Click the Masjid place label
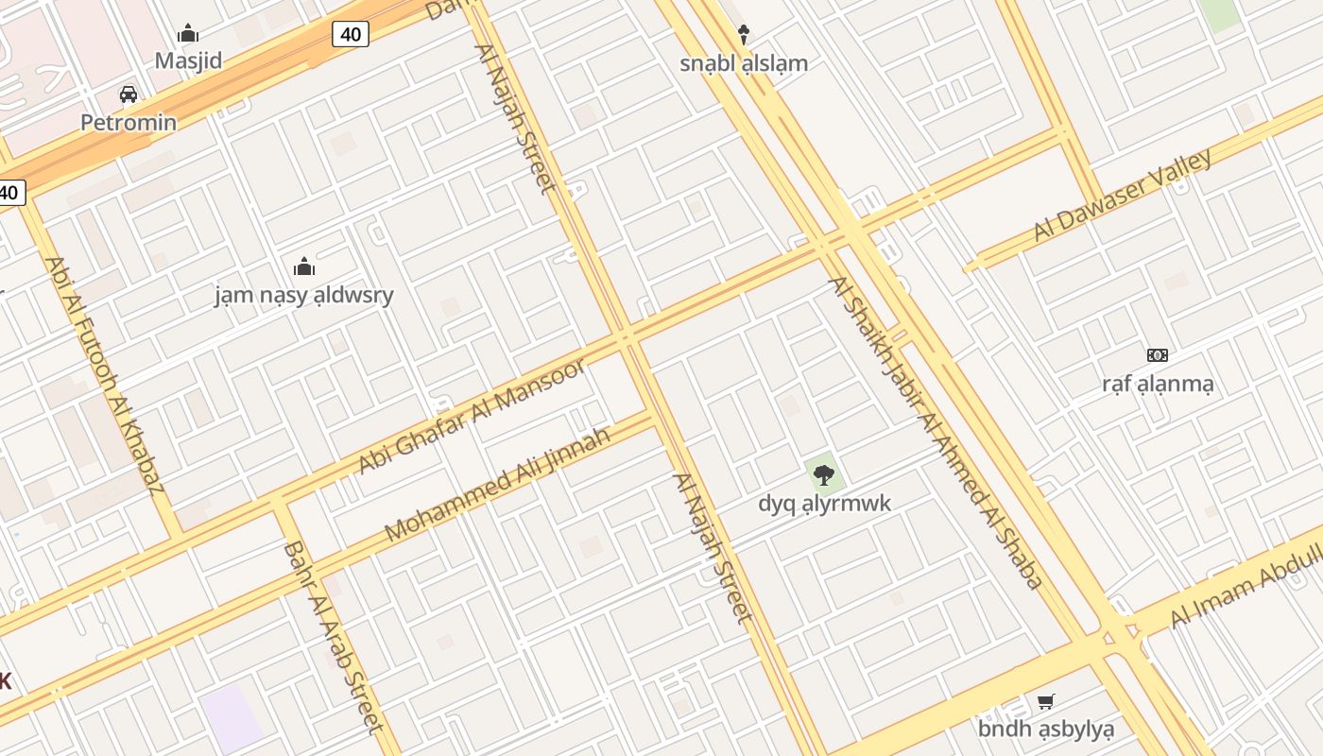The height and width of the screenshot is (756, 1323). pyautogui.click(x=188, y=61)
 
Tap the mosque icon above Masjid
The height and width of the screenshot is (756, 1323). pyautogui.click(x=188, y=35)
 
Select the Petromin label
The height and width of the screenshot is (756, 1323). pyautogui.click(x=129, y=122)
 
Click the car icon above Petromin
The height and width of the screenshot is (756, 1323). pyautogui.click(x=129, y=94)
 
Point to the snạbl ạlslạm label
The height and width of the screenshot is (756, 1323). pyautogui.click(x=744, y=63)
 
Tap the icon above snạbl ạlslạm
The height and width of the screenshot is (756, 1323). pyautogui.click(x=744, y=35)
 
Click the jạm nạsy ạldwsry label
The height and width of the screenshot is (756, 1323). pyautogui.click(x=303, y=295)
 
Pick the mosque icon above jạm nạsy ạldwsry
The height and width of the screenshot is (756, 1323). pyautogui.click(x=303, y=267)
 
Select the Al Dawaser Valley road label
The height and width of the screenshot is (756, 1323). pyautogui.click(x=1122, y=195)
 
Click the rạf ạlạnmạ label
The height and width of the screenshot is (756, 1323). pyautogui.click(x=1158, y=384)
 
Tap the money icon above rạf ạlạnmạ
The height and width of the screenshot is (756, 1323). pyautogui.click(x=1158, y=355)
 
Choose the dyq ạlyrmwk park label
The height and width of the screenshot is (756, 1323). pyautogui.click(x=824, y=503)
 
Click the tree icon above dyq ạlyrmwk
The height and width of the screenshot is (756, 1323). pyautogui.click(x=824, y=474)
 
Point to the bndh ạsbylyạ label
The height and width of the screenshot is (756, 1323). pyautogui.click(x=1046, y=729)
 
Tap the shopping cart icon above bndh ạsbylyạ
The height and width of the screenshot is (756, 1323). pyautogui.click(x=1046, y=701)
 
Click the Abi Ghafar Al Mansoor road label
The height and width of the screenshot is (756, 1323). pyautogui.click(x=472, y=417)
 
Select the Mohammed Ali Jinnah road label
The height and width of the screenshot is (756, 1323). pyautogui.click(x=497, y=485)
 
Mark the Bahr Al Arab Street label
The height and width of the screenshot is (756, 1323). pyautogui.click(x=334, y=636)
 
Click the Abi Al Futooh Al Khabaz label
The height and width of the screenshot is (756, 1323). pyautogui.click(x=104, y=375)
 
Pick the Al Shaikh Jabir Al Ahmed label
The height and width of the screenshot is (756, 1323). pyautogui.click(x=936, y=432)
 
